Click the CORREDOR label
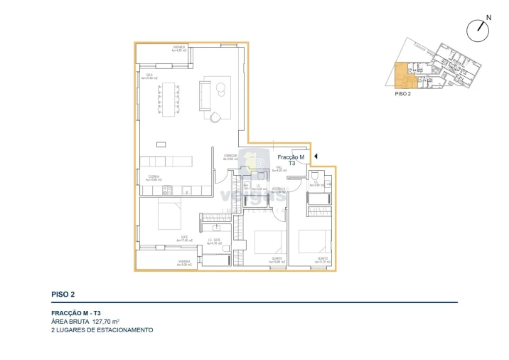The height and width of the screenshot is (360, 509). click(230, 157)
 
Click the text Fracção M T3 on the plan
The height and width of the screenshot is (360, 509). click(291, 160)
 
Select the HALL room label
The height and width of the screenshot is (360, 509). click(280, 170)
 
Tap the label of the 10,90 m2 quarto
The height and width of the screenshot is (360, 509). click(277, 260)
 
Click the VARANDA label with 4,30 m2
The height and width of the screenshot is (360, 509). click(178, 49)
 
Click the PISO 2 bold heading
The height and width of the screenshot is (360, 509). click(63, 294)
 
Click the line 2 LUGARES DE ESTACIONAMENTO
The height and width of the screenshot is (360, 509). click(102, 330)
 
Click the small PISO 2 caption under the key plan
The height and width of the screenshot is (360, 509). click(402, 93)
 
